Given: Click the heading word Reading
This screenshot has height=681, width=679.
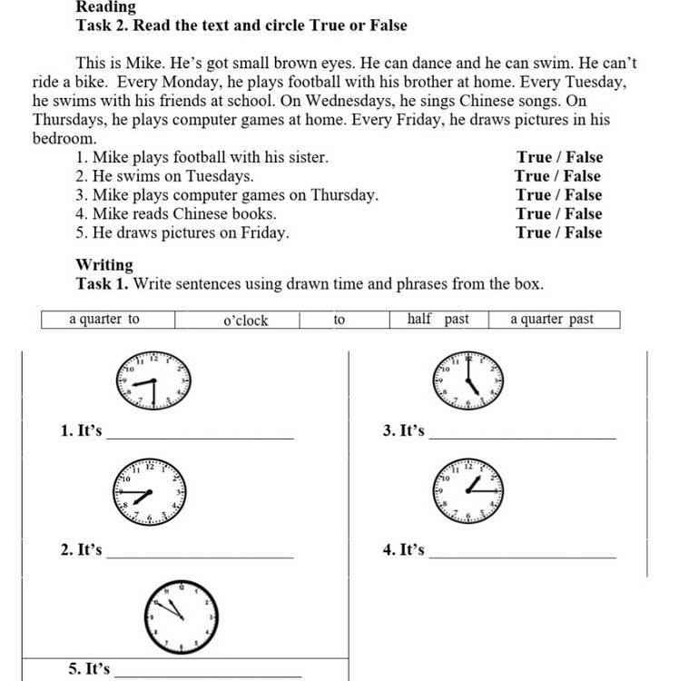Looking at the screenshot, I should pyautogui.click(x=105, y=7).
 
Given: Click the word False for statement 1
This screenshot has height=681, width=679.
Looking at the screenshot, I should pyautogui.click(x=584, y=157).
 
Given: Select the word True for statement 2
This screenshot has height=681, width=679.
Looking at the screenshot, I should pyautogui.click(x=532, y=176).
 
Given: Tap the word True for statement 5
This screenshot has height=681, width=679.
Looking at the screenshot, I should pyautogui.click(x=534, y=232).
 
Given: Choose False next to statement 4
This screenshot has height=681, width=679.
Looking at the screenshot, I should pyautogui.click(x=584, y=213).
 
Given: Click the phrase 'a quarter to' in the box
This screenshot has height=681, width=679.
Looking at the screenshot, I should pyautogui.click(x=104, y=319).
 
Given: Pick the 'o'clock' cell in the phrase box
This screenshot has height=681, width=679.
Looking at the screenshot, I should pyautogui.click(x=245, y=320).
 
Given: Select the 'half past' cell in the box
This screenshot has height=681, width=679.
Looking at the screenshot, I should pyautogui.click(x=438, y=319).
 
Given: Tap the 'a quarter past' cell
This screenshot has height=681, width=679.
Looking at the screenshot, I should pyautogui.click(x=552, y=319).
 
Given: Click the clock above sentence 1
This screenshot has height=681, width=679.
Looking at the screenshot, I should pyautogui.click(x=153, y=380).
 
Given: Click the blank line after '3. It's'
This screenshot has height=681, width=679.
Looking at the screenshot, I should pyautogui.click(x=522, y=436).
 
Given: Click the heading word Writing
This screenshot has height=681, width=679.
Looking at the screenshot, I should pyautogui.click(x=104, y=265).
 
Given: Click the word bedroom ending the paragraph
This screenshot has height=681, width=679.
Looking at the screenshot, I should pyautogui.click(x=63, y=138).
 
